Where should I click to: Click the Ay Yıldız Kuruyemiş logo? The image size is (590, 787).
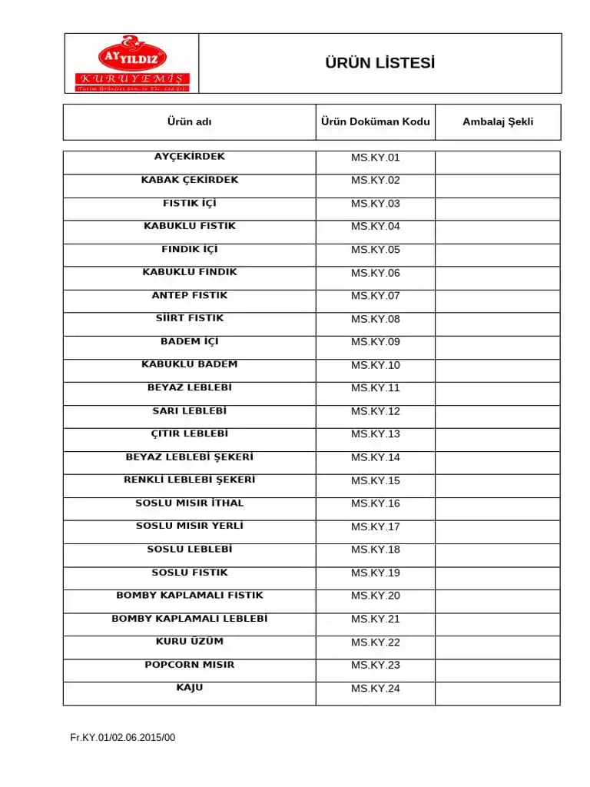click(x=132, y=64)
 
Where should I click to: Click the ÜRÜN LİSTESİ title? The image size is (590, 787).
click(x=380, y=63)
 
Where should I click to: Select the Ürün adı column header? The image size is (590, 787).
click(x=189, y=121)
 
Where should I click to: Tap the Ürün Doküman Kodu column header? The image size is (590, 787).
click(x=375, y=121)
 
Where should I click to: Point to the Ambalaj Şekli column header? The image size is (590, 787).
click(x=498, y=121)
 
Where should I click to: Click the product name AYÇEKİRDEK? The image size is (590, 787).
click(x=189, y=157)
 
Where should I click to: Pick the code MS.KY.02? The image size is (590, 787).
click(x=375, y=181)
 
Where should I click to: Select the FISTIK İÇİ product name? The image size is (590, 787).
click(x=189, y=203)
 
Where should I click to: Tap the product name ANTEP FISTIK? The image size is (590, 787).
click(x=189, y=295)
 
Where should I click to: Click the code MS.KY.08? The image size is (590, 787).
click(x=375, y=319)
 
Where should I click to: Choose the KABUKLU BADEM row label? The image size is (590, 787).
click(x=189, y=364)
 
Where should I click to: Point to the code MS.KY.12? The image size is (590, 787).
click(x=375, y=411)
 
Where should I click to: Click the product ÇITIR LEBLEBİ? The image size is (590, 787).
click(x=189, y=433)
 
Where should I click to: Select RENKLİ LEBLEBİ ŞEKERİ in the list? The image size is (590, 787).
click(x=189, y=480)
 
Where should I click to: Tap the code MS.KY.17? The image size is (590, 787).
click(x=375, y=526)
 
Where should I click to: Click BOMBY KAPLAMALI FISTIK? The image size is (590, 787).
click(x=189, y=595)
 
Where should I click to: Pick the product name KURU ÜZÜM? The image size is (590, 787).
click(x=189, y=641)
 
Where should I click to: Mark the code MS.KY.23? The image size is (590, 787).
click(x=375, y=665)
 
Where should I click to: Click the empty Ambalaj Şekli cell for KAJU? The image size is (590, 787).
click(x=498, y=693)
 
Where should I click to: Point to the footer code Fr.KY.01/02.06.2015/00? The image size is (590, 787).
click(x=123, y=738)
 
